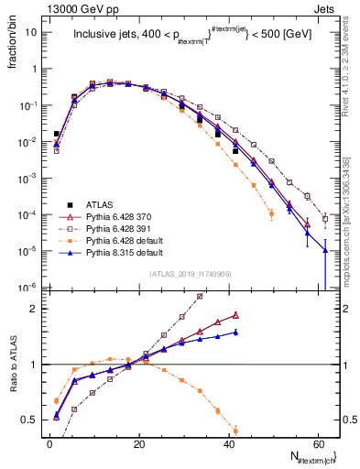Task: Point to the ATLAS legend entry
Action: pos(95,203)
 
